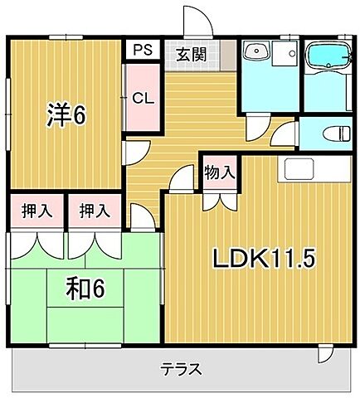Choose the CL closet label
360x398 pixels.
(x=143, y=98)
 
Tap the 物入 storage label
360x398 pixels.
(x=219, y=172)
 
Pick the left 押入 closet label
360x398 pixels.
(x=36, y=211)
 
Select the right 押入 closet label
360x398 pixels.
(x=95, y=211)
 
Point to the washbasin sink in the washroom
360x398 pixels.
(x=259, y=54)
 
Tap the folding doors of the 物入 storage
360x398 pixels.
(x=219, y=199)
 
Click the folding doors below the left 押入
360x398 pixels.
(x=36, y=245)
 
